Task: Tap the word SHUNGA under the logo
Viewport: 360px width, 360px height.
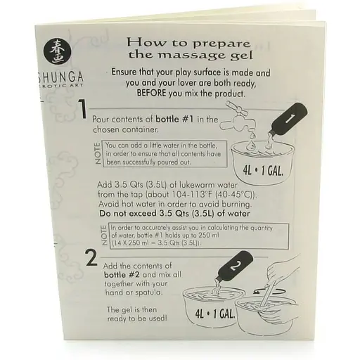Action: [60, 77]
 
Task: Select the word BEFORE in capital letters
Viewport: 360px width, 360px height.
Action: [151, 93]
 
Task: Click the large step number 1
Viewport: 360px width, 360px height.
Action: [82, 109]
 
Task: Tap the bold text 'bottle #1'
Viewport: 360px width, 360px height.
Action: [174, 120]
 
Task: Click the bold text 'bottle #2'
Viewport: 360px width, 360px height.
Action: [122, 274]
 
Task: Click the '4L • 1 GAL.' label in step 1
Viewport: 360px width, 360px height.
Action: [263, 171]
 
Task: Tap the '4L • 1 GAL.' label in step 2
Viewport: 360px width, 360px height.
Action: [215, 314]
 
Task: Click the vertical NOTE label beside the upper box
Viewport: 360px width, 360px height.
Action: [98, 153]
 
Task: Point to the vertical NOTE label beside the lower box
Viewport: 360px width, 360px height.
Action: [104, 236]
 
